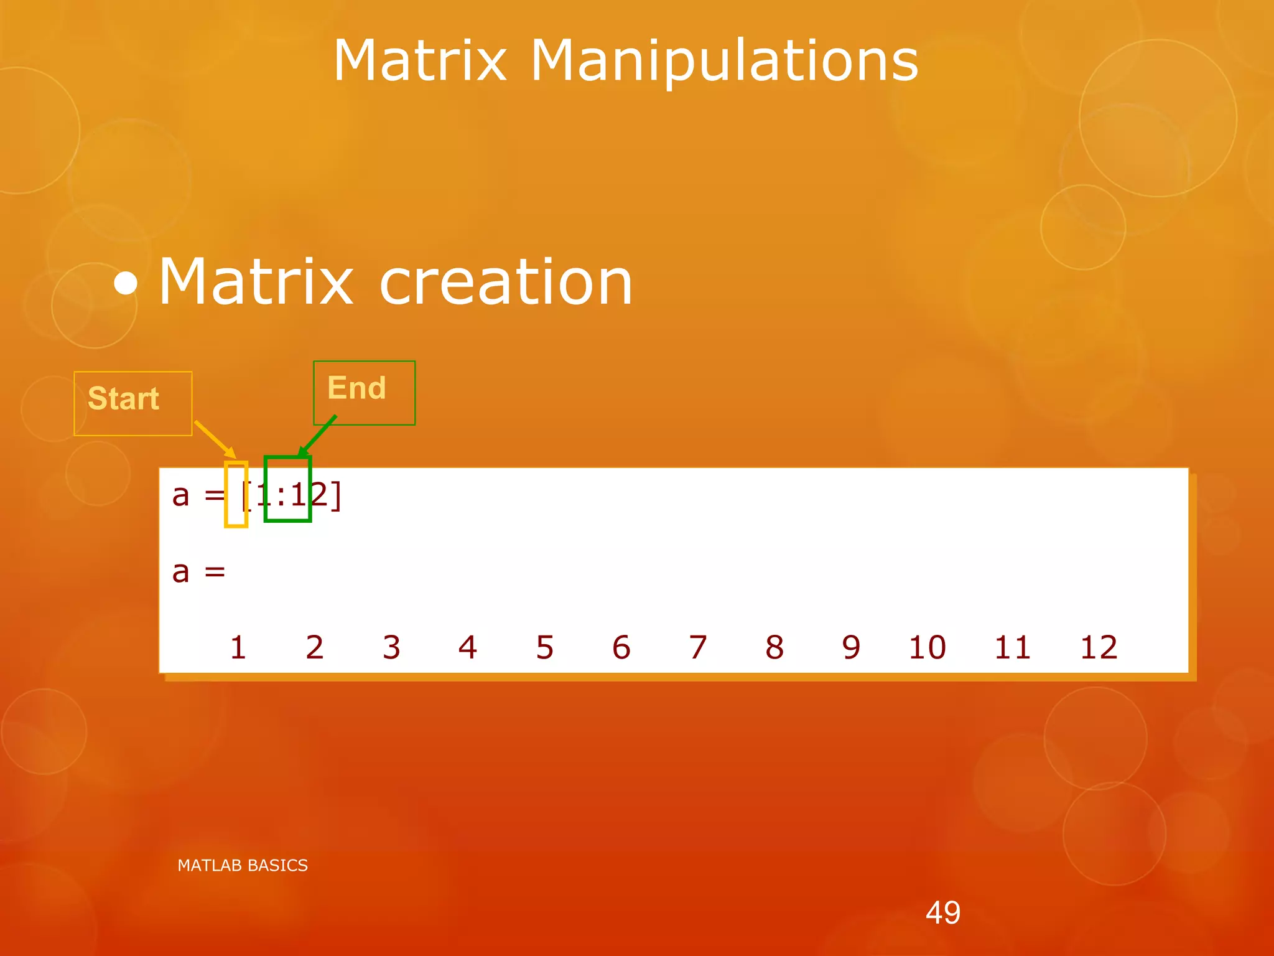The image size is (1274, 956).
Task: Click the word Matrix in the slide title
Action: (x=420, y=60)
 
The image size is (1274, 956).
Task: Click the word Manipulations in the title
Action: (x=724, y=62)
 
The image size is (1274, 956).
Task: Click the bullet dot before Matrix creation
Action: (x=126, y=284)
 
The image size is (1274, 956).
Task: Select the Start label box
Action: (x=133, y=403)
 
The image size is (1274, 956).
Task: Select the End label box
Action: (x=364, y=392)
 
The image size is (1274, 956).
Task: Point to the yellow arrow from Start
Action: (x=215, y=439)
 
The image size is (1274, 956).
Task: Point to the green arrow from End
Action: (x=318, y=435)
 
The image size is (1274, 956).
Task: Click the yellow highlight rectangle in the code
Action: (x=236, y=495)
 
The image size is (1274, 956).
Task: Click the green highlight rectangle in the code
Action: (x=287, y=489)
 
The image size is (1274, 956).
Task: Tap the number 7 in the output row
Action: (x=698, y=647)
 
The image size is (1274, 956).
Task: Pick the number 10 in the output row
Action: (x=927, y=647)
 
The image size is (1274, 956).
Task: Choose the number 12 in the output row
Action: (x=1099, y=647)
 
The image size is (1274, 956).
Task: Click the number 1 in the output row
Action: (x=238, y=647)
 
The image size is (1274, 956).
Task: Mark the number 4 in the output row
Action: (x=468, y=647)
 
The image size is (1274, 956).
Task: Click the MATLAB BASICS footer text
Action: (x=243, y=865)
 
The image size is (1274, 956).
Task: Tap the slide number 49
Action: (x=943, y=912)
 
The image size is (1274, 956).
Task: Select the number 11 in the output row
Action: (x=1013, y=647)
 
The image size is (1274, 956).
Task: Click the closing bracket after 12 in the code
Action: (x=336, y=496)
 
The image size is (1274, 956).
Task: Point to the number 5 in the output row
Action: (x=545, y=647)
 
